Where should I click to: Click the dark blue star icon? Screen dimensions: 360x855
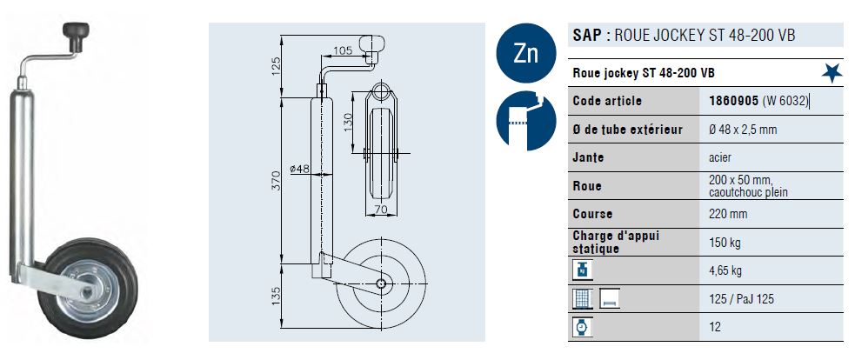[x=833, y=72]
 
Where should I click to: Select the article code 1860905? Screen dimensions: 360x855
[x=733, y=101]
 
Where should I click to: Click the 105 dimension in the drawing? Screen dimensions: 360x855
[x=343, y=51]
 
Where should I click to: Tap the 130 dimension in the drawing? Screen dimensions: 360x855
[x=346, y=118]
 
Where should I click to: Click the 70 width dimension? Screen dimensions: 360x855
[x=380, y=209]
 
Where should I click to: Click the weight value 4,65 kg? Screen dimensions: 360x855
[x=726, y=271]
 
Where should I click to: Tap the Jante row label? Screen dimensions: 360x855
[x=589, y=158]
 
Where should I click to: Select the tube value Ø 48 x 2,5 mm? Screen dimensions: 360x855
[x=743, y=130]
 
